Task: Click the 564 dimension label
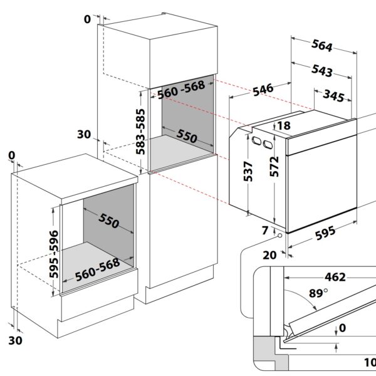(x=322, y=46)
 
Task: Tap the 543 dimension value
(x=322, y=71)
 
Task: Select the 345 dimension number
(x=333, y=96)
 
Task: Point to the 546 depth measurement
(x=263, y=90)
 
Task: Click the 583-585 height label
(x=140, y=132)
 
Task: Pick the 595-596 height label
(x=54, y=254)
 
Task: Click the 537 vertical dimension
(x=248, y=172)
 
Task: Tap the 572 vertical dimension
(x=274, y=167)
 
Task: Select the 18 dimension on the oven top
(x=284, y=126)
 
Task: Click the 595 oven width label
(x=325, y=233)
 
